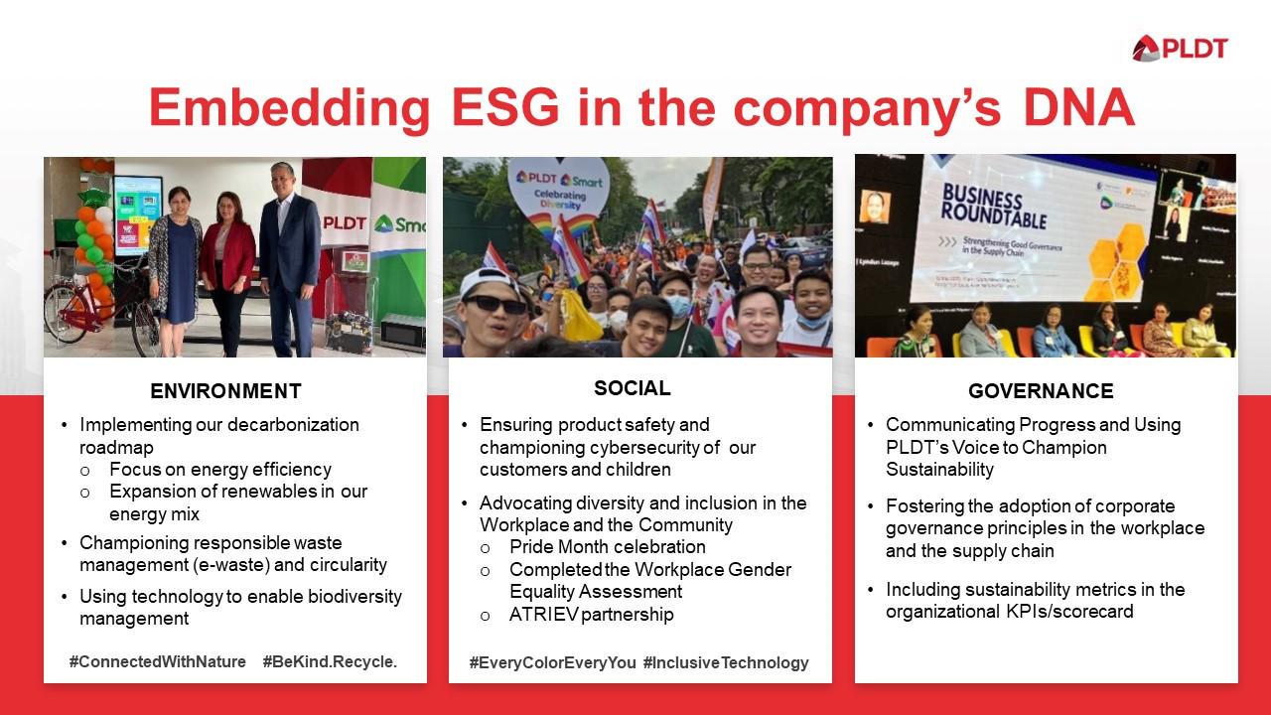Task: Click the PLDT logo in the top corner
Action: pyautogui.click(x=1180, y=48)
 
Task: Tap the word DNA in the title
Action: pyautogui.click(x=1074, y=107)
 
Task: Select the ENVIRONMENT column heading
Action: pyautogui.click(x=225, y=391)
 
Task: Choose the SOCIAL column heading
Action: pyautogui.click(x=632, y=387)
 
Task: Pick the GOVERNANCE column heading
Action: pyautogui.click(x=1041, y=391)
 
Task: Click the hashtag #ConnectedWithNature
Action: pyautogui.click(x=157, y=661)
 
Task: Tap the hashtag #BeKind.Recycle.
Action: pyautogui.click(x=330, y=661)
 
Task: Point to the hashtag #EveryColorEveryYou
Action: pyautogui.click(x=552, y=662)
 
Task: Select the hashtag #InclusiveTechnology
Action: pyautogui.click(x=726, y=662)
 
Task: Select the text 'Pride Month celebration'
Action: pyautogui.click(x=607, y=547)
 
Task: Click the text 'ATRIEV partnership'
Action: pyautogui.click(x=591, y=615)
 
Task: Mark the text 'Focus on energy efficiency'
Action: pyautogui.click(x=219, y=470)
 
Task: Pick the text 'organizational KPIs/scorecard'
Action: pyautogui.click(x=1009, y=612)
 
